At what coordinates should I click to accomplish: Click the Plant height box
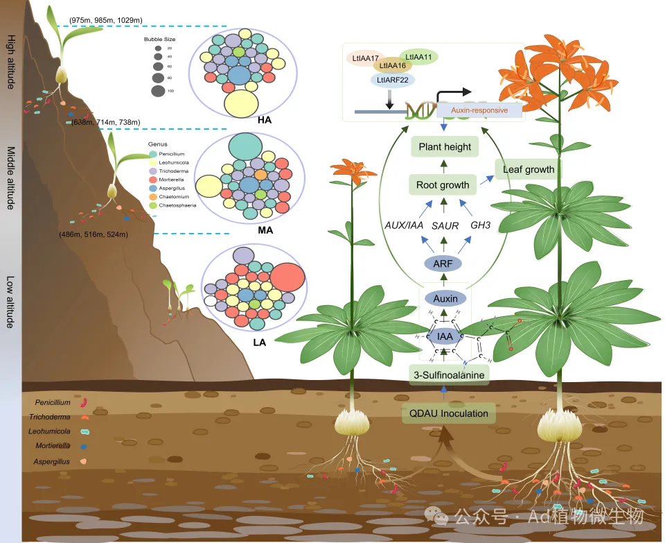tap(444, 147)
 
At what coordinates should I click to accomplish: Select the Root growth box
tap(443, 185)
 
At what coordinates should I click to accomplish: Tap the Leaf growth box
tap(529, 169)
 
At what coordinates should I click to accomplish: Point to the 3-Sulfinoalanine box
tap(449, 375)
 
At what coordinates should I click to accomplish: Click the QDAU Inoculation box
tap(447, 413)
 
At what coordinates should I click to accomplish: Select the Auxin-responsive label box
tap(479, 110)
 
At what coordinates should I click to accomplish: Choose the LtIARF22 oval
tap(393, 80)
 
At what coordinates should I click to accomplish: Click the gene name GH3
tap(480, 225)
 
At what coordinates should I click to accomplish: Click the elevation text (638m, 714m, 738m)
tap(106, 123)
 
